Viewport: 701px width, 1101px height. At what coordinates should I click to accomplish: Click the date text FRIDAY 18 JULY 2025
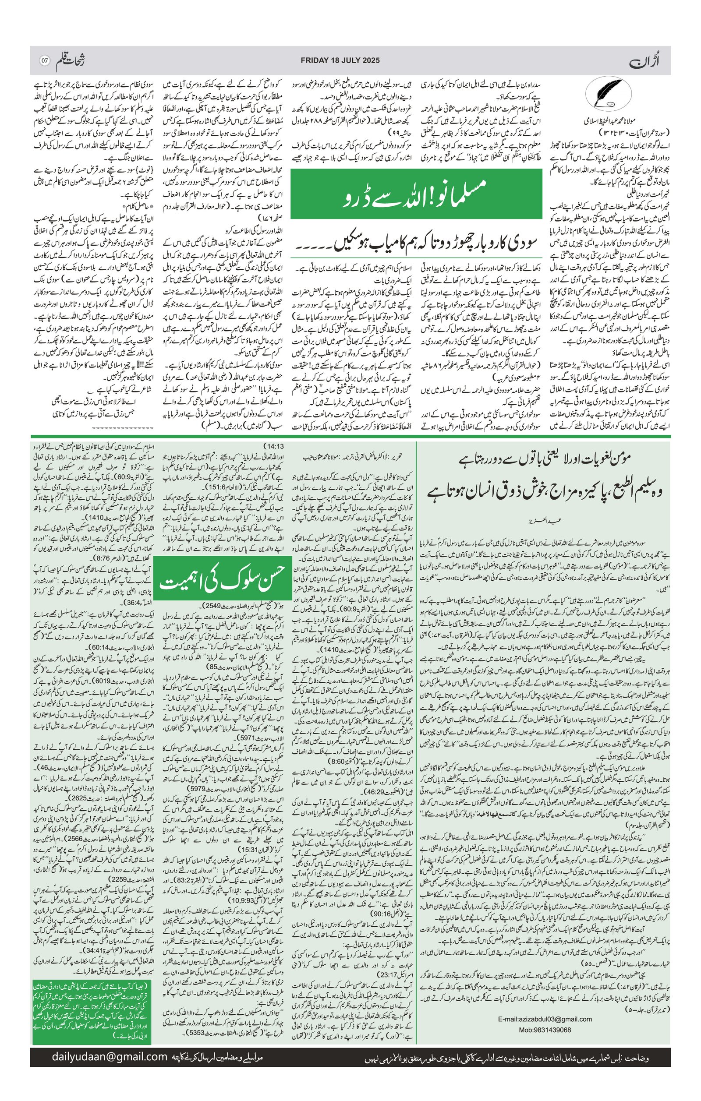point(340,60)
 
